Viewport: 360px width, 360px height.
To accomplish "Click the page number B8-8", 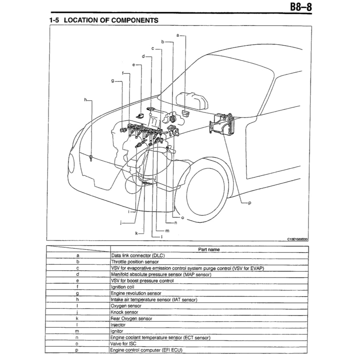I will tap(300, 7).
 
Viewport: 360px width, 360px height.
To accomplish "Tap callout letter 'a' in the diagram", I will tap(178, 35).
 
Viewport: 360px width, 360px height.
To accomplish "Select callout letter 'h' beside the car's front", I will tap(85, 100).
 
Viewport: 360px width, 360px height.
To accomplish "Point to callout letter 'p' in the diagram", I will tap(249, 203).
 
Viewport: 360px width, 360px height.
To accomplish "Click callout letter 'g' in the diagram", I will tap(112, 81).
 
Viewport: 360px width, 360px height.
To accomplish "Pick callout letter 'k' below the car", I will tap(136, 233).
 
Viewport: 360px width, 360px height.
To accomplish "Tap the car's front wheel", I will tap(204, 190).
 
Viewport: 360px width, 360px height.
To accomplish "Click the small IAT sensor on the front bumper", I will tap(91, 158).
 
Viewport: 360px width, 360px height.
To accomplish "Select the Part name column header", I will tap(209, 249).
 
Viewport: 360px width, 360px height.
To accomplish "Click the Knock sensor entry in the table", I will tap(124, 312).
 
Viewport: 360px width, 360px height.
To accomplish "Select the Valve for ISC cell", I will tap(123, 343).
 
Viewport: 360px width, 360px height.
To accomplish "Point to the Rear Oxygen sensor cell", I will tap(131, 319).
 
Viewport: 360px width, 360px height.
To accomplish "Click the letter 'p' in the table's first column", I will tap(77, 350).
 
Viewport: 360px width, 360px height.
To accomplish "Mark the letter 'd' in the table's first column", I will tap(77, 275).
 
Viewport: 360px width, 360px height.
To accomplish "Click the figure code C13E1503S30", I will tap(297, 239).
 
